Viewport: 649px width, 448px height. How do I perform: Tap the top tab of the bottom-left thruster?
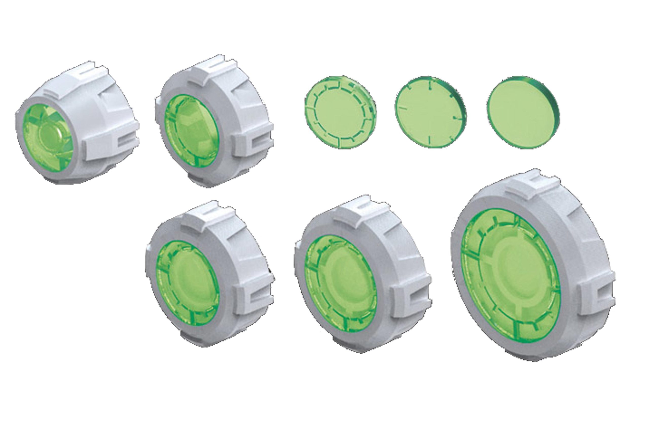(209, 216)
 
